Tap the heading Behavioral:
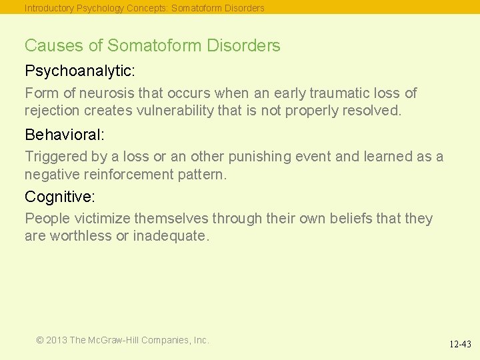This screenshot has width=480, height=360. [x=65, y=135]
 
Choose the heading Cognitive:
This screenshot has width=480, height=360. [x=60, y=197]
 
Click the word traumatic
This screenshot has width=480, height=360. [x=339, y=93]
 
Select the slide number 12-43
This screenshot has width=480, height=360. [x=460, y=345]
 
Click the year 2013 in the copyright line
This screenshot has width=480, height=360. [x=57, y=340]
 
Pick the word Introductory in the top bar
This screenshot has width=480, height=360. [x=49, y=8]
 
